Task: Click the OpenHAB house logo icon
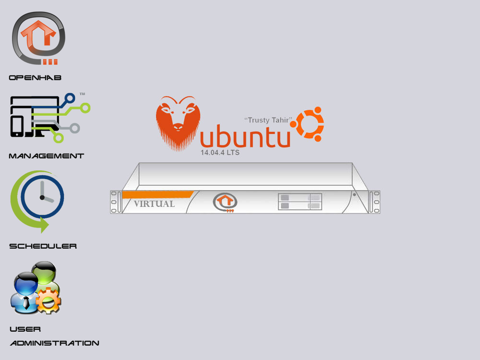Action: point(38,38)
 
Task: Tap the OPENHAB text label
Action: point(36,78)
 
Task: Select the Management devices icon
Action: point(48,118)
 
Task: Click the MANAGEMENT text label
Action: point(47,156)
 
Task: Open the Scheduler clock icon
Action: point(38,199)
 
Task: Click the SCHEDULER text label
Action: point(43,246)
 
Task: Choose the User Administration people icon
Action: point(36,288)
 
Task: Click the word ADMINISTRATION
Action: point(55,343)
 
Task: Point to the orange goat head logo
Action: point(178,122)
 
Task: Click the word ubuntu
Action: point(245,137)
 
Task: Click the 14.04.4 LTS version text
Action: point(220,153)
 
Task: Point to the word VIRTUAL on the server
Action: point(154,204)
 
